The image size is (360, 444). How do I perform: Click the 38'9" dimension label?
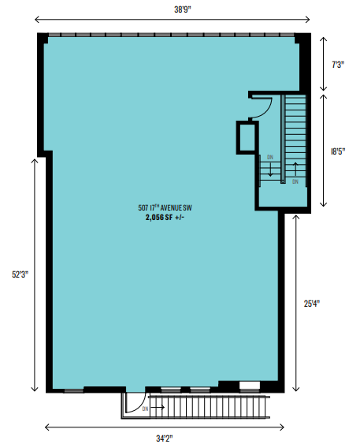click(183, 9)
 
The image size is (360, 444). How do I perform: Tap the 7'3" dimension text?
click(338, 65)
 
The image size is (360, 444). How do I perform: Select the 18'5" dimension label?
click(338, 151)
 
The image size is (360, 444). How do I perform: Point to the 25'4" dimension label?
click(312, 304)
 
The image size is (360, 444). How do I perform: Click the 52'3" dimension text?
click(20, 274)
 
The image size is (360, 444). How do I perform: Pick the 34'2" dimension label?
click(165, 438)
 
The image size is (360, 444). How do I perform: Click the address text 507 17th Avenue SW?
click(165, 208)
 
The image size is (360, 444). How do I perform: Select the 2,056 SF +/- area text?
click(165, 218)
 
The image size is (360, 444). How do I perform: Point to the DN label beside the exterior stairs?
click(145, 409)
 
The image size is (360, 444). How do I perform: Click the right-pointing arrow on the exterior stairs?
click(158, 408)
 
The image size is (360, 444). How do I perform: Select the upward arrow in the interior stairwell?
click(295, 170)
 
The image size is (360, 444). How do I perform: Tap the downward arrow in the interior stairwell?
click(270, 170)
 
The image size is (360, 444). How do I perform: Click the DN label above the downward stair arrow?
click(270, 157)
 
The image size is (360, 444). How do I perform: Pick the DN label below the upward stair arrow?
click(295, 181)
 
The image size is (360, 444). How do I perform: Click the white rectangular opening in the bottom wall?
click(250, 386)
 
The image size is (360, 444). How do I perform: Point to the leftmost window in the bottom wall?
click(73, 390)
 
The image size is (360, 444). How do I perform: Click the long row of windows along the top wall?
click(172, 35)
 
